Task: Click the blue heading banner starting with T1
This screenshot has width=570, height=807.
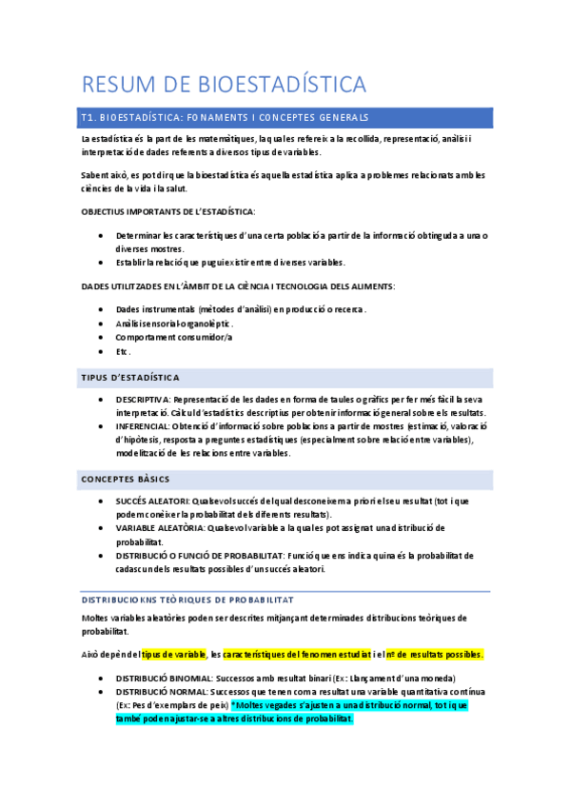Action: pos(285,118)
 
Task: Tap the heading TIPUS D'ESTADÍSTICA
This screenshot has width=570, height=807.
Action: pos(130,378)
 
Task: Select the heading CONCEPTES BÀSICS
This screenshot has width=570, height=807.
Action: pos(126,478)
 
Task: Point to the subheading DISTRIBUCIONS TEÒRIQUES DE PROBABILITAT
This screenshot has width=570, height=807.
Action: pos(187,600)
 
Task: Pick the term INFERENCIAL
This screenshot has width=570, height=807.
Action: pos(143,426)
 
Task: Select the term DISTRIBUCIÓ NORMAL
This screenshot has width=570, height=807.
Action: pos(156,691)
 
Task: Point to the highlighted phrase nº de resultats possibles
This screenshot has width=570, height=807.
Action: pos(435,655)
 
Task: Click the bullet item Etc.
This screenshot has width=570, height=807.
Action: pos(124,351)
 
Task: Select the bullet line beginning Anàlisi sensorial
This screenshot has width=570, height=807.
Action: pos(174,324)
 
